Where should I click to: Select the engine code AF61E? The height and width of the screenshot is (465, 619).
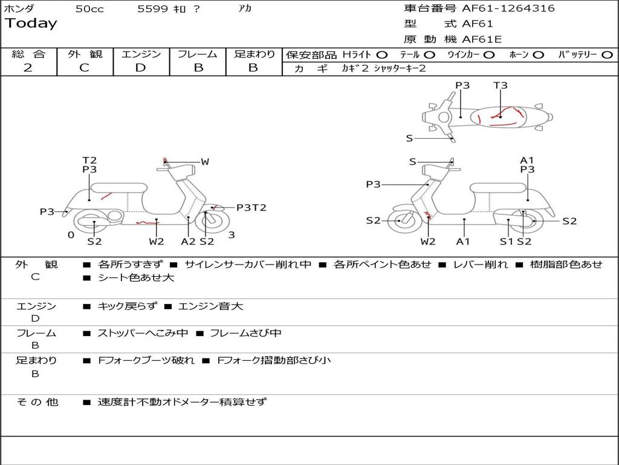click(x=482, y=40)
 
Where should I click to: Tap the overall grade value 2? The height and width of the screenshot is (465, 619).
click(x=28, y=68)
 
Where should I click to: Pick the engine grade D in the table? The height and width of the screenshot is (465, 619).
click(x=140, y=68)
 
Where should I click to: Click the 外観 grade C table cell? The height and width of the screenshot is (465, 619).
click(x=84, y=68)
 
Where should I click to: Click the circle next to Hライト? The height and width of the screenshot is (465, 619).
click(x=382, y=54)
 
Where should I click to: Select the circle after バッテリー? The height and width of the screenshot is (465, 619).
click(x=607, y=54)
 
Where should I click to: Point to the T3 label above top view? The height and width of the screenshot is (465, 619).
click(x=501, y=85)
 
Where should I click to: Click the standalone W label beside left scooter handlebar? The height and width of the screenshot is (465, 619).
click(x=205, y=162)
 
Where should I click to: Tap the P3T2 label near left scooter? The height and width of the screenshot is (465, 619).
click(x=251, y=208)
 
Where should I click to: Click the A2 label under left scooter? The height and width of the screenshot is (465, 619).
click(x=189, y=242)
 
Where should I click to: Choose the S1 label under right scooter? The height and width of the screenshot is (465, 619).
click(x=507, y=242)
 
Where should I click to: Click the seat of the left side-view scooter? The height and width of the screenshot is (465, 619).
click(x=118, y=187)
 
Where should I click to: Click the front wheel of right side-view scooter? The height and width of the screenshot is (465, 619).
click(x=400, y=221)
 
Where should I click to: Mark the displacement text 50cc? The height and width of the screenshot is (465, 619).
click(x=89, y=9)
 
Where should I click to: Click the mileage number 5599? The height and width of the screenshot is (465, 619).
click(x=149, y=9)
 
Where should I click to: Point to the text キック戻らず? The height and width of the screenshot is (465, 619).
click(x=127, y=306)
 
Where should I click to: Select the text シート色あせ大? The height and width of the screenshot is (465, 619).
click(x=136, y=278)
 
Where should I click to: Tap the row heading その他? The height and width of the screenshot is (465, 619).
click(x=37, y=402)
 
